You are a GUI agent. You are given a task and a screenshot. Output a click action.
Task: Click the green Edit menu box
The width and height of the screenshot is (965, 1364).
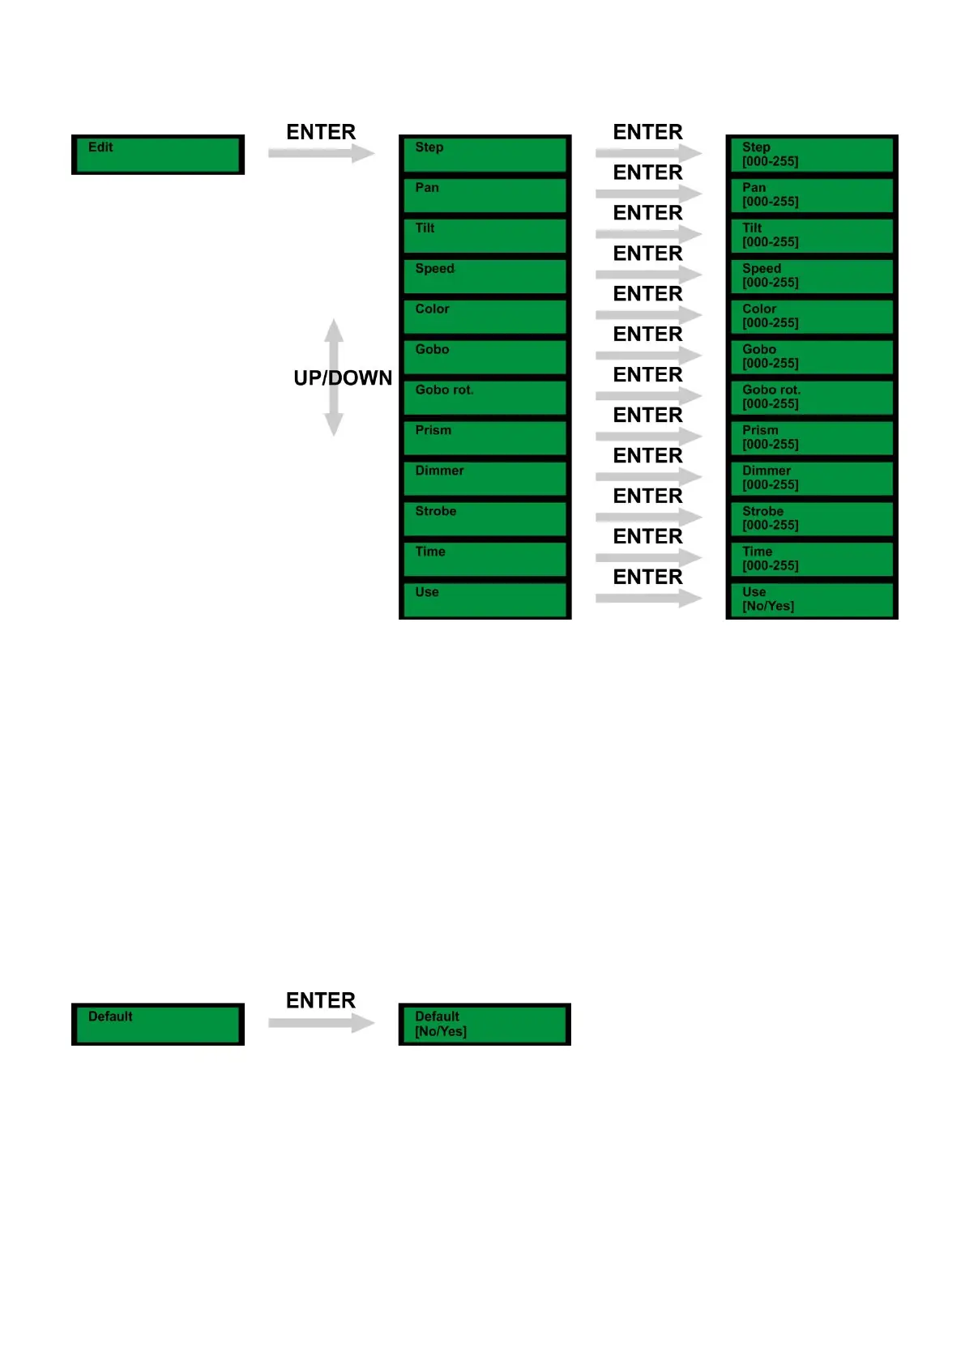click(158, 155)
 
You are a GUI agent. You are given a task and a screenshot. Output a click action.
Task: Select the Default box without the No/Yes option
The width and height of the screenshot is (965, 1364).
click(158, 1025)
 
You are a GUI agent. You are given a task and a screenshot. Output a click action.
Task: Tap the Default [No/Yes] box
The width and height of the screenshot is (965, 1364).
click(485, 1025)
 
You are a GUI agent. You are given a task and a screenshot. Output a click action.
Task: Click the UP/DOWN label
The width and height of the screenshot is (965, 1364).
click(343, 378)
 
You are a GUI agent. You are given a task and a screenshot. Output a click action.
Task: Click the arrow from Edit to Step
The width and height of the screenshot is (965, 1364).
click(321, 153)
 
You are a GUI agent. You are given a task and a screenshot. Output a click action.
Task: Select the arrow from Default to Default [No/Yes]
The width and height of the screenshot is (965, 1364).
click(321, 1023)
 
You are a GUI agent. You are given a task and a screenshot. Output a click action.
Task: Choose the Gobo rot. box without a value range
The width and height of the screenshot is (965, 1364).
click(485, 398)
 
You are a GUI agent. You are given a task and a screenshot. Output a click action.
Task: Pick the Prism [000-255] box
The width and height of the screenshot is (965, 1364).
click(812, 438)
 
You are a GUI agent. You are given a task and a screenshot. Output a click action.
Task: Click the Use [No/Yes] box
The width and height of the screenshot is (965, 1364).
click(812, 600)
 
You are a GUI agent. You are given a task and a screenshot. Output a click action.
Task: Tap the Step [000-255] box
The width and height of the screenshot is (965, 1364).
click(812, 155)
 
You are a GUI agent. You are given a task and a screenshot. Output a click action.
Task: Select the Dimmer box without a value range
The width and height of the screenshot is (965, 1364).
click(485, 479)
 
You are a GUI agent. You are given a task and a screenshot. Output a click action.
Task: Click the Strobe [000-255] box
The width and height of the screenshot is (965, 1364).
click(812, 519)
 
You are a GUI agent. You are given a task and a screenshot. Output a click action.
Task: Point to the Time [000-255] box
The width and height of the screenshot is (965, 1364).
click(812, 560)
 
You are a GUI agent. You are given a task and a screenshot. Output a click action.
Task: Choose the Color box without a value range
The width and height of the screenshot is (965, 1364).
click(485, 317)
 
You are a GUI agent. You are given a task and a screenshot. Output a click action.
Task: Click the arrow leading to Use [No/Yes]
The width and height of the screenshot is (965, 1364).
click(648, 599)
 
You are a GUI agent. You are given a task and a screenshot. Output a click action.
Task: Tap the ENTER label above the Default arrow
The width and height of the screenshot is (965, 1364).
click(321, 1001)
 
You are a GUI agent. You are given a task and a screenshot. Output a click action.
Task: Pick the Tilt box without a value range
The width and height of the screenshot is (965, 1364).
click(485, 236)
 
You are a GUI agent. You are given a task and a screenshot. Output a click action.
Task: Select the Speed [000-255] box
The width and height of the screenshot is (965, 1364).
click(812, 276)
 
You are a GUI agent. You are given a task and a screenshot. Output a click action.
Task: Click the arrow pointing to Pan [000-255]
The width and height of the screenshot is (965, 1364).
click(648, 194)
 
